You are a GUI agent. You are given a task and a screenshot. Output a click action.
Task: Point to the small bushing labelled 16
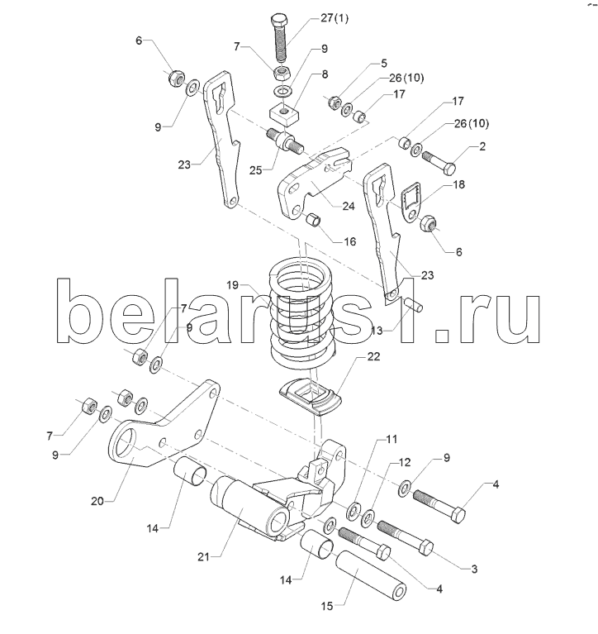(313, 222)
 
